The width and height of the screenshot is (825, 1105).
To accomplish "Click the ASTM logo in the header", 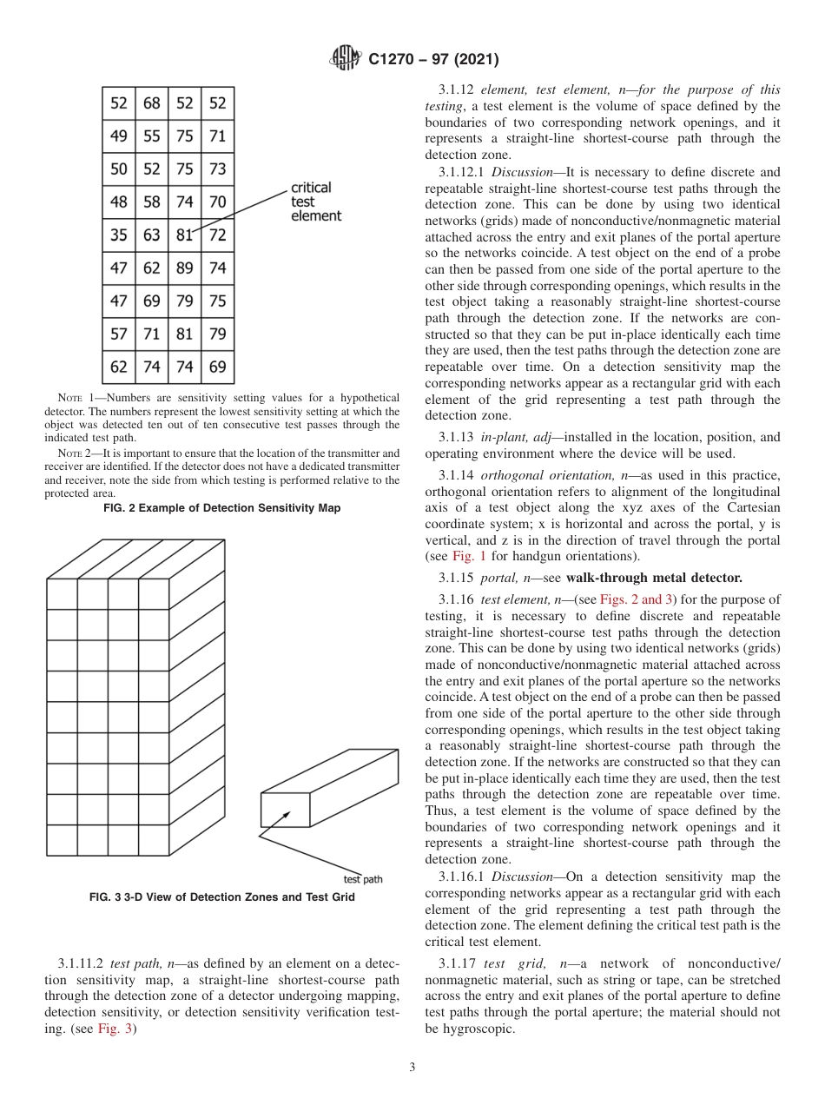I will click(x=345, y=59).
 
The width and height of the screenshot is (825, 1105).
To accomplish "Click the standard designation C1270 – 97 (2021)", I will click(x=433, y=60).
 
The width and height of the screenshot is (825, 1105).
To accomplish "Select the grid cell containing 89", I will click(x=184, y=268).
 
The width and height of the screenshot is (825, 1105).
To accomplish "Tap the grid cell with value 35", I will click(x=119, y=235).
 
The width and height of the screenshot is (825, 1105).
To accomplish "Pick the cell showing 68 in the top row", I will click(x=152, y=103).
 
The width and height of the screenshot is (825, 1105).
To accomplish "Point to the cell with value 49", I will click(x=119, y=136).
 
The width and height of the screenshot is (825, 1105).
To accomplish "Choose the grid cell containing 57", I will click(x=119, y=334).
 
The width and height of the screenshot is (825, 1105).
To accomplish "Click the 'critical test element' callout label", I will click(x=315, y=202).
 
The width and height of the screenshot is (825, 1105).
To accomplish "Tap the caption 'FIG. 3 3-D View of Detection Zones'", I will click(x=221, y=897).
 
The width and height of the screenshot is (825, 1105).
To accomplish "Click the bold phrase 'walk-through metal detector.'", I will click(x=654, y=578).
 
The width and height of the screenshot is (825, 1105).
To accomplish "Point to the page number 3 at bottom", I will click(x=412, y=1068).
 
